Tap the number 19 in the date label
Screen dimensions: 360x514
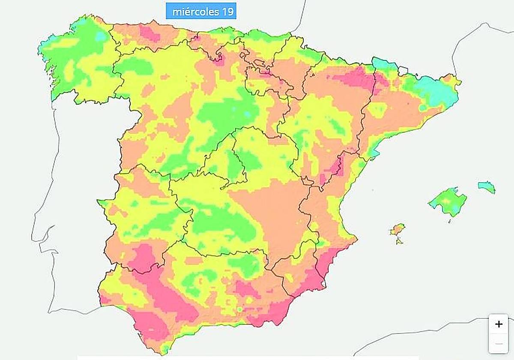(227, 12)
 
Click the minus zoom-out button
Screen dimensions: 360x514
(499, 344)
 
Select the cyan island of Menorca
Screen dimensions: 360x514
(487, 187)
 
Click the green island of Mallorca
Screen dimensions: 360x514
(448, 201)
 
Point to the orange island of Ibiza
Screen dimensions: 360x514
(397, 230)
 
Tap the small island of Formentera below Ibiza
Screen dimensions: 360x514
(399, 241)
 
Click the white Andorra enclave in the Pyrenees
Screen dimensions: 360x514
(402, 70)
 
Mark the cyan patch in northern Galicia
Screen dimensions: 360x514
(101, 36)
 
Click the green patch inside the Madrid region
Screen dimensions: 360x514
(234, 165)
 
